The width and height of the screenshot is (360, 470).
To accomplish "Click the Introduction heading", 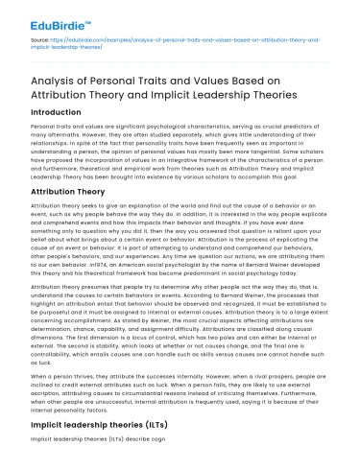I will pyautogui.click(x=60, y=117).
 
